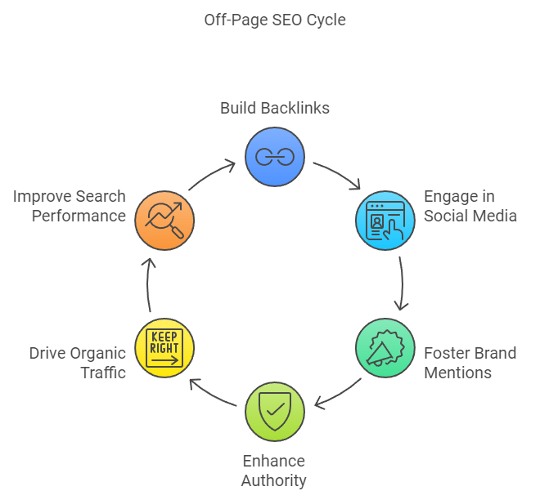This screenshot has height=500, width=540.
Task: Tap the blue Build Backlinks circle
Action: pyautogui.click(x=275, y=157)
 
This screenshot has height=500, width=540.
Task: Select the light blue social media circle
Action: pyautogui.click(x=385, y=221)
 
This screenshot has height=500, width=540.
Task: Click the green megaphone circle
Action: pyautogui.click(x=385, y=348)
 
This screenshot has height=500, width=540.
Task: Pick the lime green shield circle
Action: pyautogui.click(x=275, y=411)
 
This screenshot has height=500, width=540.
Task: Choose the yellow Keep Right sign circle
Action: pyautogui.click(x=164, y=348)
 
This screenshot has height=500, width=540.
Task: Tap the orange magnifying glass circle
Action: pyautogui.click(x=164, y=221)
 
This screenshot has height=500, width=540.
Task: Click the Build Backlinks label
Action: pyautogui.click(x=275, y=108)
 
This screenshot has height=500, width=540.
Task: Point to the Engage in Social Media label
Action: pyautogui.click(x=470, y=206)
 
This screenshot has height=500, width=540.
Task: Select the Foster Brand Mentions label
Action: pyautogui.click(x=470, y=363)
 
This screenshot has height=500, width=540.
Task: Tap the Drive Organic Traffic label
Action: pyautogui.click(x=78, y=363)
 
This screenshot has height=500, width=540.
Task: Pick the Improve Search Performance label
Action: pyautogui.click(x=70, y=206)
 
